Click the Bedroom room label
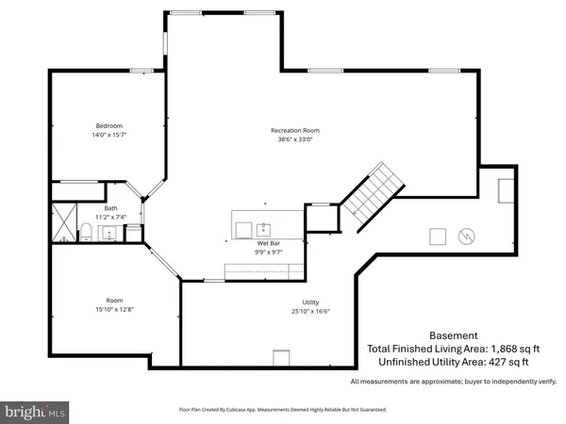pyautogui.click(x=108, y=125)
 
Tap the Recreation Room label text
pyautogui.click(x=296, y=129)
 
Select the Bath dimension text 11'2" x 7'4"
pyautogui.click(x=111, y=217)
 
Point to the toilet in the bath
pyautogui.click(x=84, y=232)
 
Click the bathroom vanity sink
pyautogui.click(x=108, y=232)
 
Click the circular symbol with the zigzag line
pyautogui.click(x=467, y=236)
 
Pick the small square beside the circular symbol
pyautogui.click(x=438, y=236)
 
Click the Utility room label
pyautogui.click(x=310, y=302)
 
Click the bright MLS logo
pyautogui.click(x=35, y=411)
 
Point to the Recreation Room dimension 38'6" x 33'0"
pyautogui.click(x=296, y=139)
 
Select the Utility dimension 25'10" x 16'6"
pyautogui.click(x=310, y=312)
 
